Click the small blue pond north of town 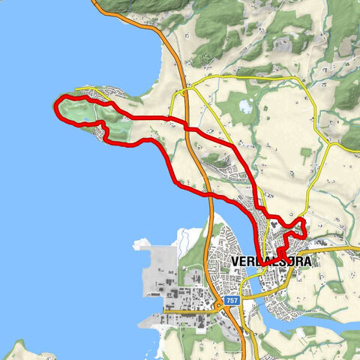(x=246, y=106)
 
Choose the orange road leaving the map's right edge (x=354, y=247)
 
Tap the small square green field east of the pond (x=305, y=153)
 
